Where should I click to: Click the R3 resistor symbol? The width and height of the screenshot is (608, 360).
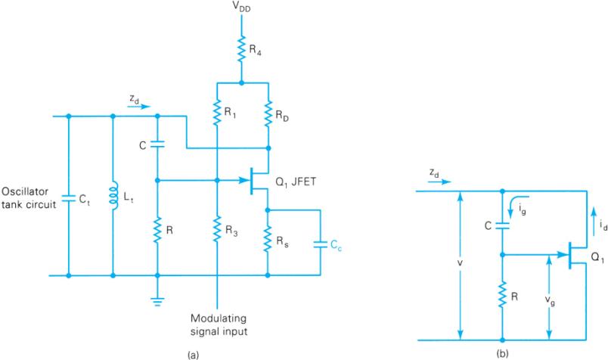coord(217,225)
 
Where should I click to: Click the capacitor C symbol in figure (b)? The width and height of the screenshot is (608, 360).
coord(501,225)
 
